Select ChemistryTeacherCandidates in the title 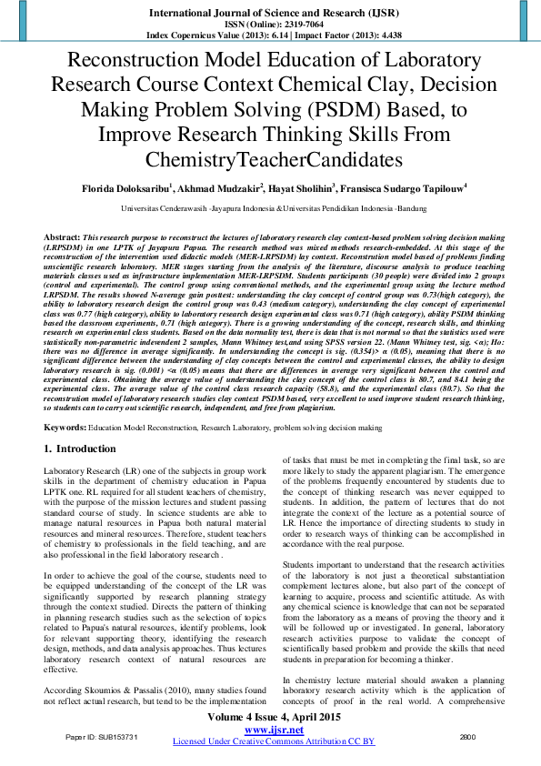pos(270,160)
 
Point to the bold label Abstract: pos(60,236)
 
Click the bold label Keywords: pos(64,426)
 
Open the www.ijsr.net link pos(270,731)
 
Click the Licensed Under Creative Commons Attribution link pos(270,741)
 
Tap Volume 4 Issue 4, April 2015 pos(270,719)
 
